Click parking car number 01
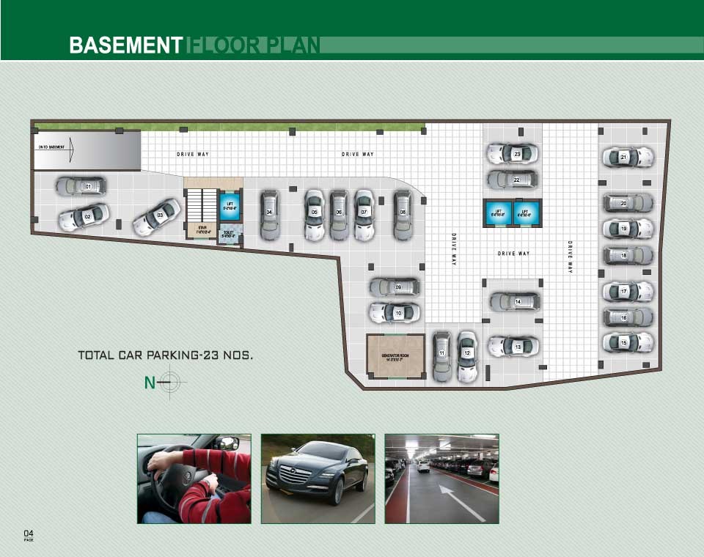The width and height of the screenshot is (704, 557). point(81,186)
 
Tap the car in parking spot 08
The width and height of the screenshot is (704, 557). point(403,214)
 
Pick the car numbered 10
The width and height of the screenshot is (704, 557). point(395,313)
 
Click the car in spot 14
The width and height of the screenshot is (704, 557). point(515,301)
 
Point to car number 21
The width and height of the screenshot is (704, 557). point(627,157)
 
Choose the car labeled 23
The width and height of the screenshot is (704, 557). point(513,154)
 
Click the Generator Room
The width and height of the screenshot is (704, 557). point(395,357)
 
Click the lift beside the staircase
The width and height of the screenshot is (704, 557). point(229,204)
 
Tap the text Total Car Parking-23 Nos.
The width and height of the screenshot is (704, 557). point(166,355)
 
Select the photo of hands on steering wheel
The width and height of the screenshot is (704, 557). point(194,478)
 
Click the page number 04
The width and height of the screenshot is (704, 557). point(29,532)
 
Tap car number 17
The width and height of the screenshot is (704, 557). point(627,292)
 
